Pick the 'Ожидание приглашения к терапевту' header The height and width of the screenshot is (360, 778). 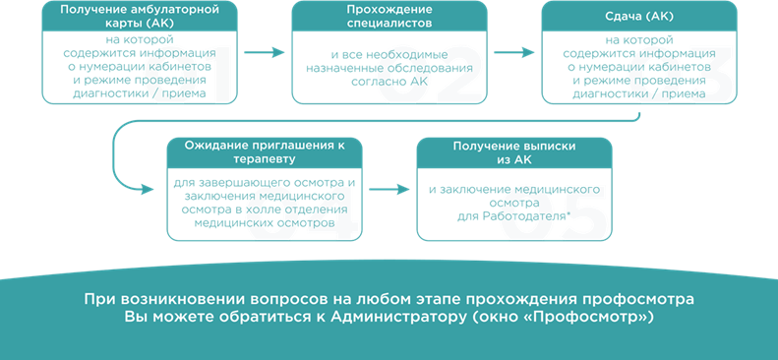[265, 152]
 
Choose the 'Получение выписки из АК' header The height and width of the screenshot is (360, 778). [514, 152]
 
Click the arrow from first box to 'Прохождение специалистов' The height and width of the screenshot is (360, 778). [264, 52]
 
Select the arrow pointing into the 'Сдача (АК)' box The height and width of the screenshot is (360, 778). [513, 52]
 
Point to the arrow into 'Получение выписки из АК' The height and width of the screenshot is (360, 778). [389, 189]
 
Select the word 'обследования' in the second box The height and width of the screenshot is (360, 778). [434, 71]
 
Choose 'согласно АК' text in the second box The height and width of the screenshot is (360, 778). [389, 84]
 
